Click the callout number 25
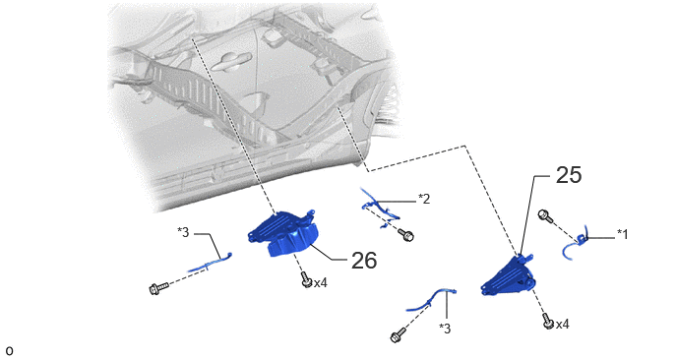tap(568, 175)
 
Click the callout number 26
tap(364, 261)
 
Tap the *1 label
tap(622, 234)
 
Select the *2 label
tap(424, 199)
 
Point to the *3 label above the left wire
tap(183, 232)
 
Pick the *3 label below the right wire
tap(445, 329)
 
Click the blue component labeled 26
tap(282, 233)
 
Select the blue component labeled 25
tap(509, 276)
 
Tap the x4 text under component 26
tap(321, 283)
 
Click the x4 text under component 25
tap(562, 325)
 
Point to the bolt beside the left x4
tap(306, 279)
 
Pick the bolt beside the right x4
tap(548, 321)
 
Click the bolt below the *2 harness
tap(406, 236)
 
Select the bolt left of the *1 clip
tap(545, 215)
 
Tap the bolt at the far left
tap(158, 288)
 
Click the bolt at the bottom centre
tap(398, 335)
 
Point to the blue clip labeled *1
tap(577, 244)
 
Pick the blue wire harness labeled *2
tap(380, 209)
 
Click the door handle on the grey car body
tap(229, 62)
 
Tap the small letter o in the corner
tap(10, 351)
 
